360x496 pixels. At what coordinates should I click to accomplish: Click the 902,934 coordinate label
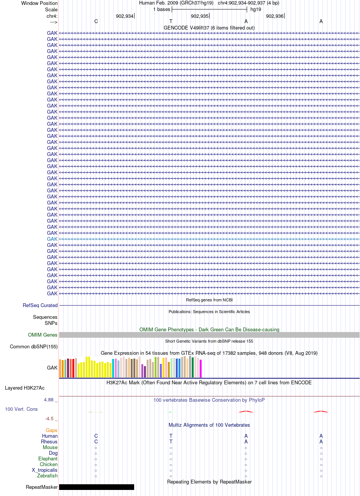tap(125, 16)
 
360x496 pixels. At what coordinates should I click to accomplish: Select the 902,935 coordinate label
tap(200, 16)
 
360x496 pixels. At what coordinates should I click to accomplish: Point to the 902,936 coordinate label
tap(275, 16)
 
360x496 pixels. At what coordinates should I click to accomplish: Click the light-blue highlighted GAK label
tap(52, 239)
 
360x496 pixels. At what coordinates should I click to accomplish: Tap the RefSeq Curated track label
tap(40, 305)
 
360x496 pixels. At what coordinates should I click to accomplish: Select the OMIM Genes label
tap(42, 335)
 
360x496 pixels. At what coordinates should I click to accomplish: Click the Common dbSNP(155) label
tap(34, 346)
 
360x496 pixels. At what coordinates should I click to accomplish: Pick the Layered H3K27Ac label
tap(25, 388)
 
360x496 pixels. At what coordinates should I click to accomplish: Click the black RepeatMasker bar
tap(97, 487)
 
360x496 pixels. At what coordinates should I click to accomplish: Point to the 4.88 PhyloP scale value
tap(49, 400)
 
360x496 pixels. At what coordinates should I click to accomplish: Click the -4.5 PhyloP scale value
tap(49, 418)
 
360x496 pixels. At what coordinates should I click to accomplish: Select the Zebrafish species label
tap(47, 476)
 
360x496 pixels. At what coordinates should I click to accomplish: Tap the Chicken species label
tap(49, 464)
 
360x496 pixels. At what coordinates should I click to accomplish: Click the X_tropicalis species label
tap(45, 470)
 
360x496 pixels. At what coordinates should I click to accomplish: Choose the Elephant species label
tap(48, 459)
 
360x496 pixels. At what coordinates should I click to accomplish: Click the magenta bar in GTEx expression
tap(200, 368)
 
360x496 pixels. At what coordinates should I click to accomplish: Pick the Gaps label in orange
tap(52, 430)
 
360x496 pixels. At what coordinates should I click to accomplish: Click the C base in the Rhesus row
tap(96, 441)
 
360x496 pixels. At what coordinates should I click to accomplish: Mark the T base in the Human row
tap(171, 436)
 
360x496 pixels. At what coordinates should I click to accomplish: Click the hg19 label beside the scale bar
tap(256, 9)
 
